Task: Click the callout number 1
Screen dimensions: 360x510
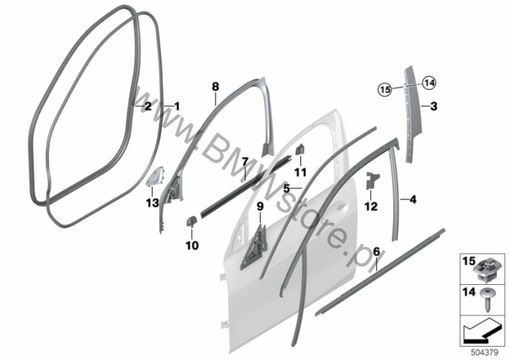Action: pyautogui.click(x=177, y=106)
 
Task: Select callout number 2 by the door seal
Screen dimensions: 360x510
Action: pyautogui.click(x=147, y=106)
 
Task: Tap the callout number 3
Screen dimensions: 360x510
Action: pyautogui.click(x=434, y=106)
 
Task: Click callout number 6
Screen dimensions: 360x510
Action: pyautogui.click(x=377, y=251)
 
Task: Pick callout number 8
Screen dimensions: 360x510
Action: pyautogui.click(x=215, y=87)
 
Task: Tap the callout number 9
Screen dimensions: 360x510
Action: pyautogui.click(x=259, y=205)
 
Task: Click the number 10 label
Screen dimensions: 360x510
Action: pyautogui.click(x=191, y=245)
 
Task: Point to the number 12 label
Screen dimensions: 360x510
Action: pyautogui.click(x=370, y=205)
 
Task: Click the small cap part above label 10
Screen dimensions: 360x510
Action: pyautogui.click(x=190, y=221)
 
